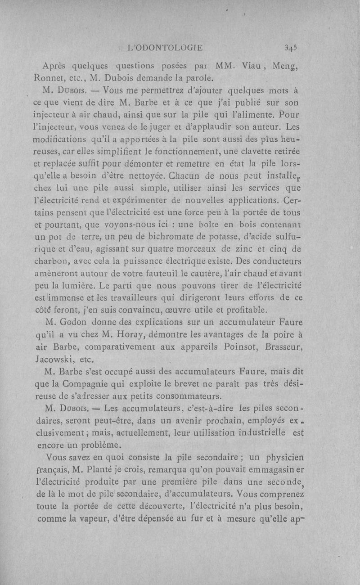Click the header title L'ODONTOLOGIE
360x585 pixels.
click(x=165, y=46)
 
